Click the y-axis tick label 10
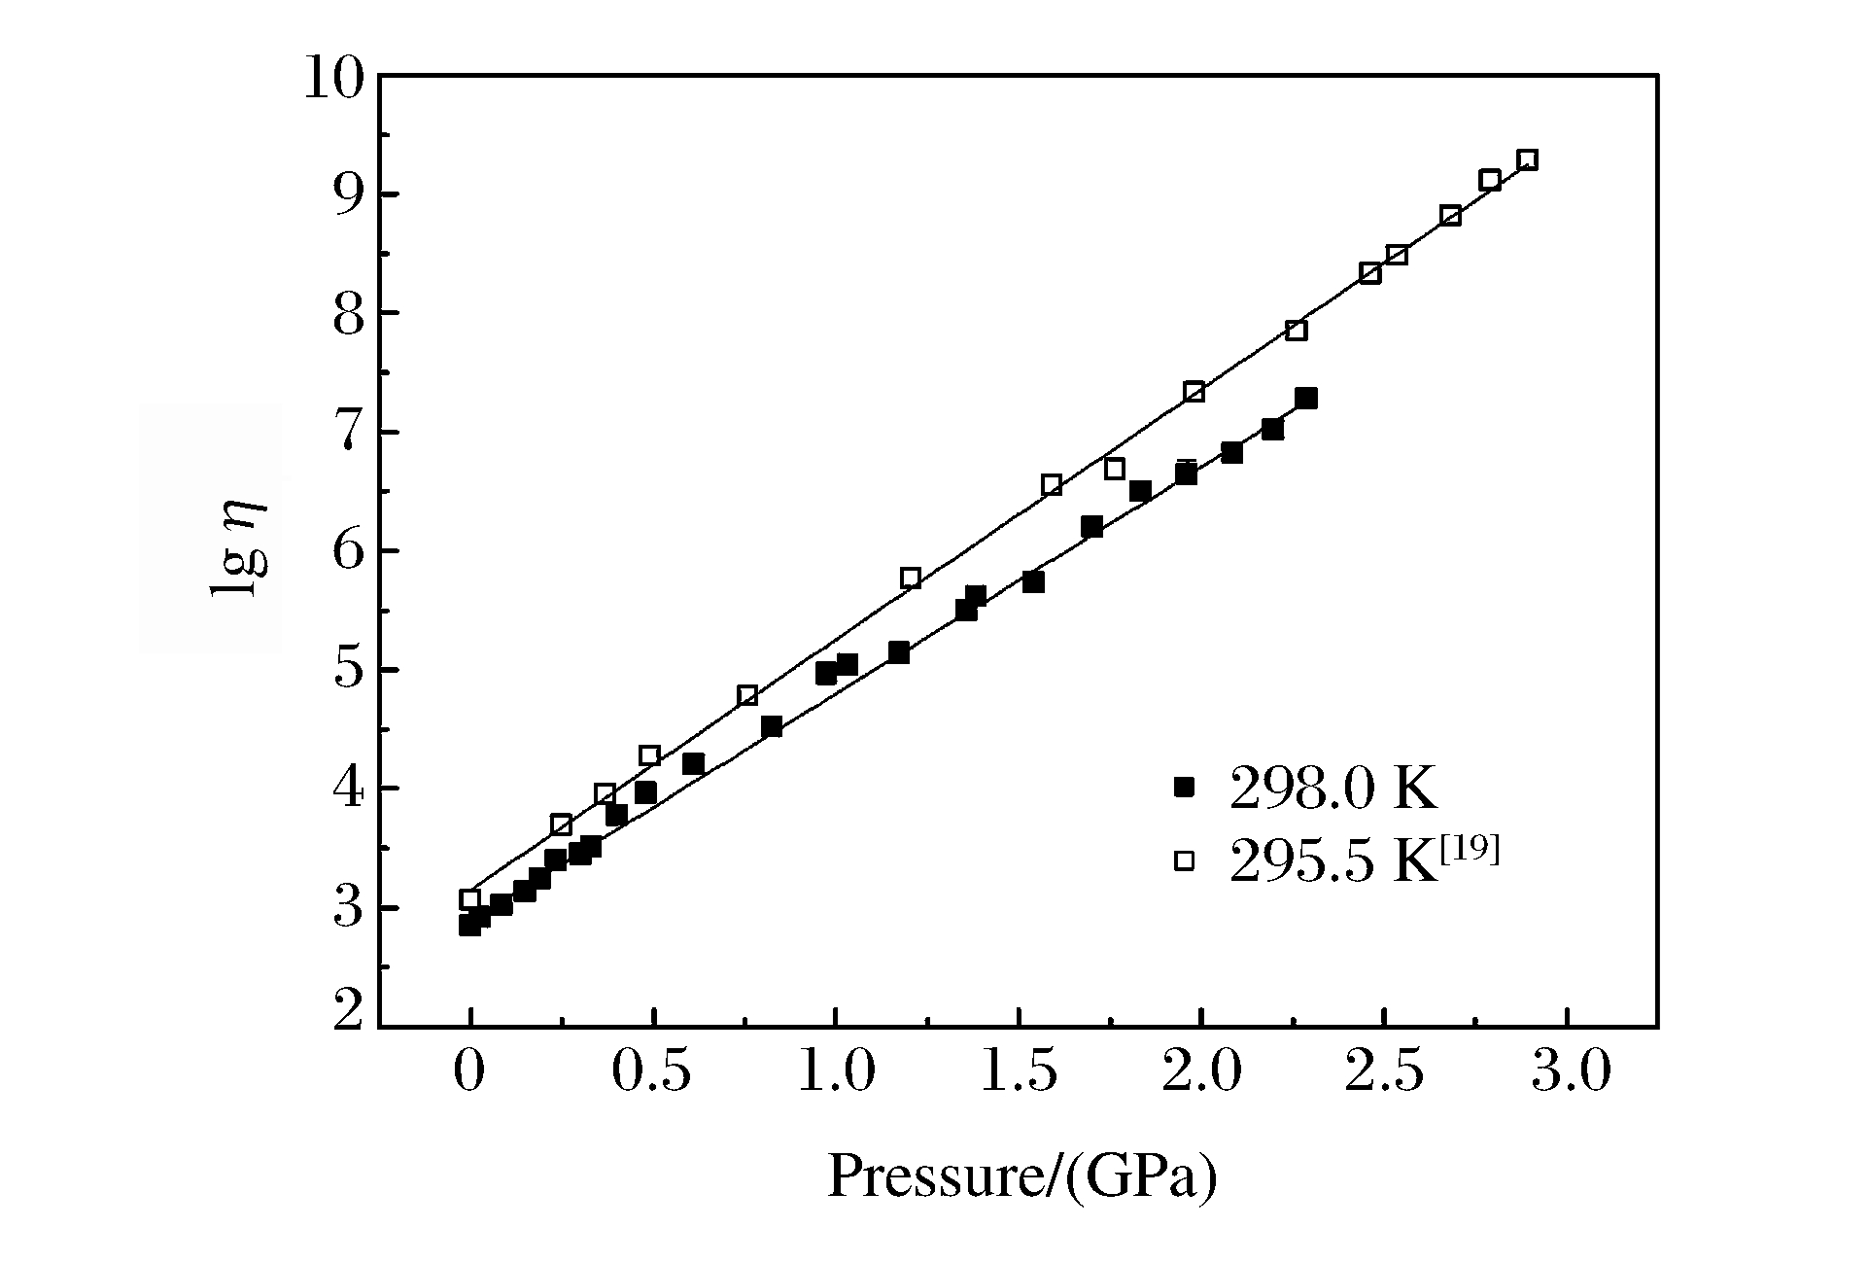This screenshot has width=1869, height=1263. point(332,78)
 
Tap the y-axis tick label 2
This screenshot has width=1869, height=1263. point(347,1014)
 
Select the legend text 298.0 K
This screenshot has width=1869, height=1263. point(1333,788)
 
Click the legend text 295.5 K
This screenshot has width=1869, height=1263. point(1333,861)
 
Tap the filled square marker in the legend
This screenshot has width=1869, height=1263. point(1184,787)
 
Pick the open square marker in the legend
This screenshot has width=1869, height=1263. point(1184,860)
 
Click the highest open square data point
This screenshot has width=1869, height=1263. point(1527,160)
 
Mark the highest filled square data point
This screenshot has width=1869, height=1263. point(1306,399)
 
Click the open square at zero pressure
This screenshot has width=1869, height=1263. point(470,900)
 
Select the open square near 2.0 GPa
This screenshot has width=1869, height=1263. point(1194,392)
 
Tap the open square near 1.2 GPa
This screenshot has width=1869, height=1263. point(911,579)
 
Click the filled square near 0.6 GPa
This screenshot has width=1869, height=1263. point(693,764)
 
